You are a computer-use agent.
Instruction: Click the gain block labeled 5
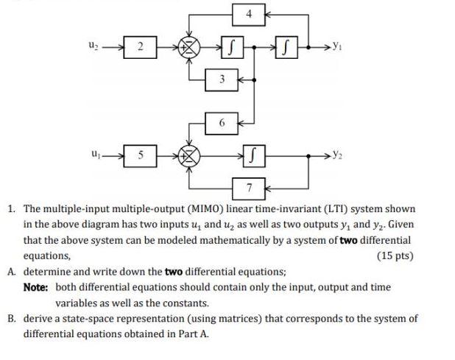tap(146, 156)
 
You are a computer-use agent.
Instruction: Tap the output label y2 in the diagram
tap(337, 156)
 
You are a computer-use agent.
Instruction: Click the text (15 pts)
tap(395, 255)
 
